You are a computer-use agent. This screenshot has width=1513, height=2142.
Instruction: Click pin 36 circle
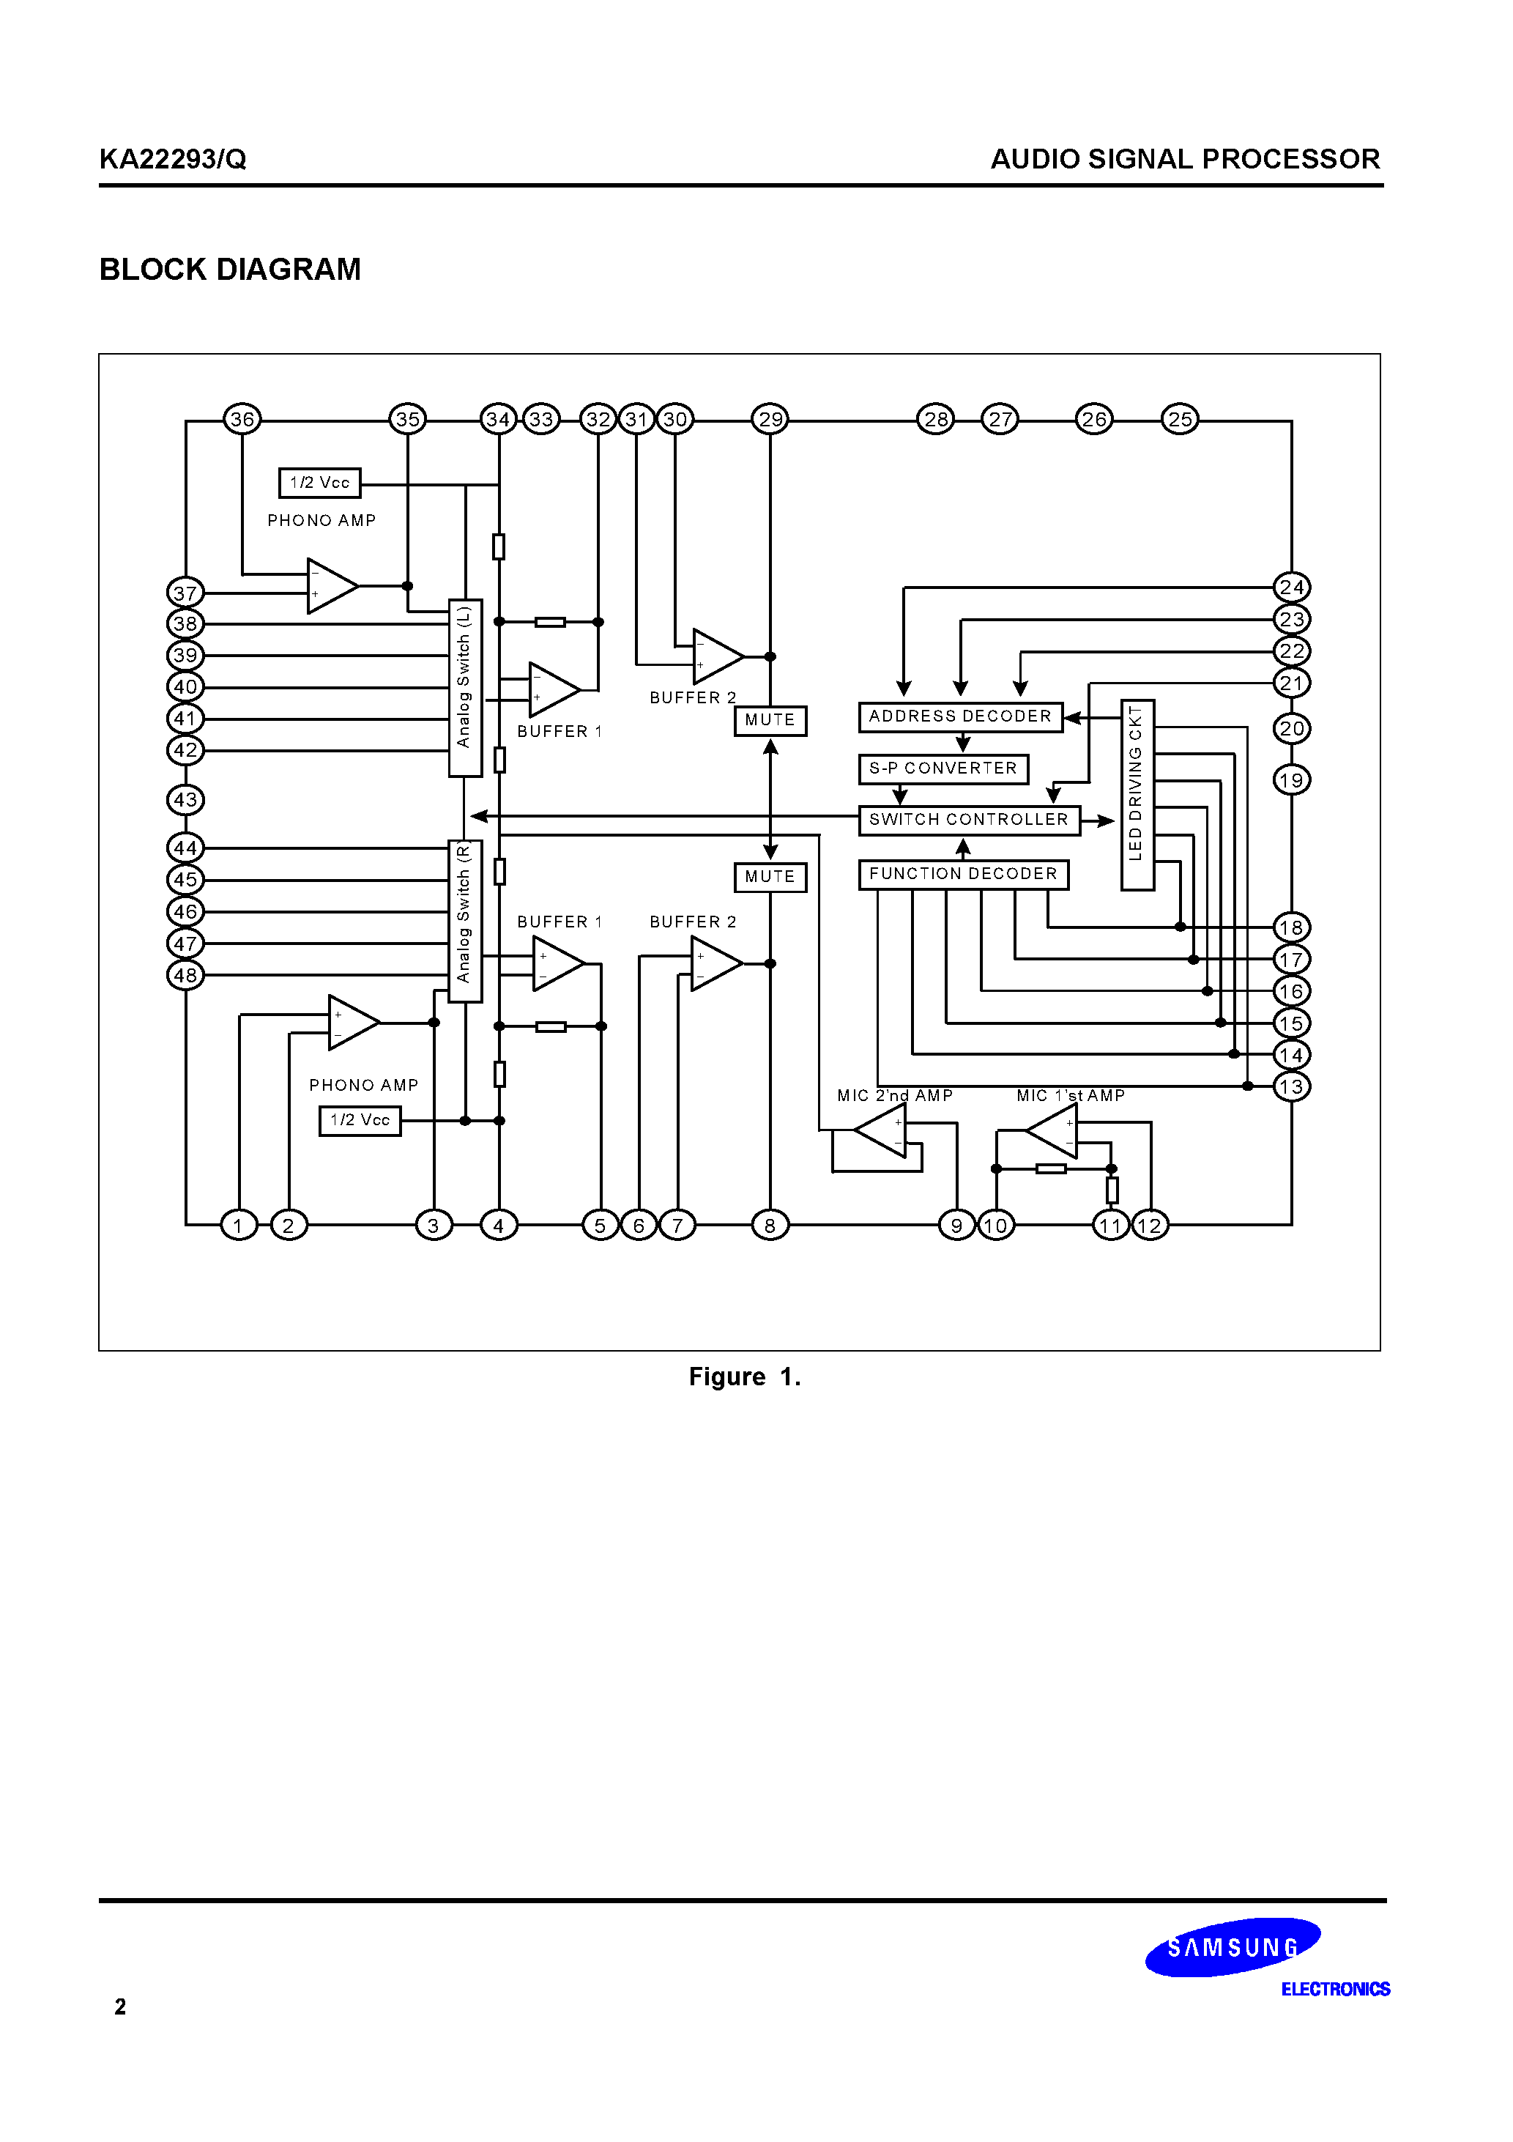[242, 419]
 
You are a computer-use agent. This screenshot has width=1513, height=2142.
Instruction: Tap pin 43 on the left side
[185, 799]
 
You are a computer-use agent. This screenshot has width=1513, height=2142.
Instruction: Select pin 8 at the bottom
[770, 1225]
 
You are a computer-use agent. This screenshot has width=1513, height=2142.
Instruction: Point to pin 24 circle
[1292, 588]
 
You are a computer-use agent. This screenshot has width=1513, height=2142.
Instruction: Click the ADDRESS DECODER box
[960, 716]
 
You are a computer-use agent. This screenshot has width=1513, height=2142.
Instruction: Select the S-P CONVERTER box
[943, 768]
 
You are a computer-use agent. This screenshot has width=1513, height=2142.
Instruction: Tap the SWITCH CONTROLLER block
[968, 820]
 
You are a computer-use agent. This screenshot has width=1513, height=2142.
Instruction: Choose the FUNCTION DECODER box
[962, 874]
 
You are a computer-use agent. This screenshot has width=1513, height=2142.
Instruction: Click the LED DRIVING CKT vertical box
[1137, 795]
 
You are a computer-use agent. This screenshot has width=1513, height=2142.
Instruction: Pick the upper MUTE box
[770, 720]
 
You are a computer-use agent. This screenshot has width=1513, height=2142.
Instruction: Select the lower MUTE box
[770, 877]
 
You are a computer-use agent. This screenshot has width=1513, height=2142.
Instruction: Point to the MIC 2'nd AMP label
[895, 1095]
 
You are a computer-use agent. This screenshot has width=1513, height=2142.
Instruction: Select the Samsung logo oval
[1233, 1948]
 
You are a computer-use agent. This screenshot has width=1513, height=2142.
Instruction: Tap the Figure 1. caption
[744, 1377]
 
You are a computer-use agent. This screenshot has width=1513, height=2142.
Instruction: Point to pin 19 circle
[1292, 780]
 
